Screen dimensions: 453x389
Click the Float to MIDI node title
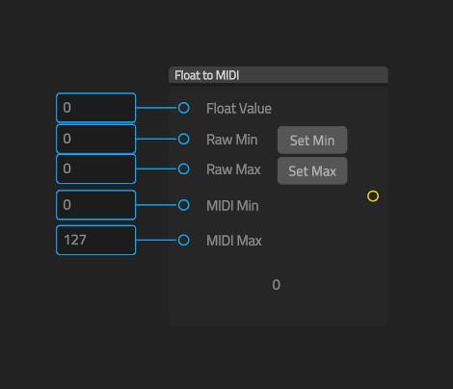207,75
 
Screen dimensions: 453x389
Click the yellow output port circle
373,192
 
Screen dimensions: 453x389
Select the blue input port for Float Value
184,104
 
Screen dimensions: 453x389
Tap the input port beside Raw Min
184,135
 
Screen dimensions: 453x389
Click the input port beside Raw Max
184,165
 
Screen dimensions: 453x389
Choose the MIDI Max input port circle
184,236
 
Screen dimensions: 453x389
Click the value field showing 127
96,240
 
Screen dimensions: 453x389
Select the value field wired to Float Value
96,108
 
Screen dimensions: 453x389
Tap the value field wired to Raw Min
96,139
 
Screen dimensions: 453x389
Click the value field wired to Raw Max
96,169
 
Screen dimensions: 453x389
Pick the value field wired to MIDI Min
96,205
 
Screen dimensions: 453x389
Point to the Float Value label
239,109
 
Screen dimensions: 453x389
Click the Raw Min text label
232,140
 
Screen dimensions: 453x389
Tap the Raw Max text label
233,169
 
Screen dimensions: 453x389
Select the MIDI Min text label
232,206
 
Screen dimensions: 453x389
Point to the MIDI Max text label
234,241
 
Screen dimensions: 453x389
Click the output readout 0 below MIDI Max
277,285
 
